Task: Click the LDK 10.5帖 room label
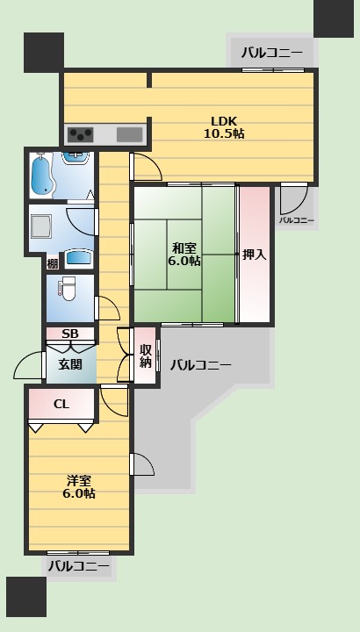[x=223, y=127]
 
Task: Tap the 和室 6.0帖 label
[x=185, y=254]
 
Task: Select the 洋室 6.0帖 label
[x=80, y=486]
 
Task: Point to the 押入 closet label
[x=254, y=255]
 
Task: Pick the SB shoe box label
[x=70, y=334]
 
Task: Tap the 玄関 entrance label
[x=71, y=363]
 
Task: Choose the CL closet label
[x=61, y=405]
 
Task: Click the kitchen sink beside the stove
[x=129, y=134]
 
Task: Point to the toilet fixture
[x=68, y=288]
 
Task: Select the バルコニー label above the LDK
[x=272, y=54]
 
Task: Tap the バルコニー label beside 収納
[x=200, y=364]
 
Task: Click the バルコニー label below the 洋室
[x=79, y=567]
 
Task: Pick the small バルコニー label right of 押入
[x=297, y=219]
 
